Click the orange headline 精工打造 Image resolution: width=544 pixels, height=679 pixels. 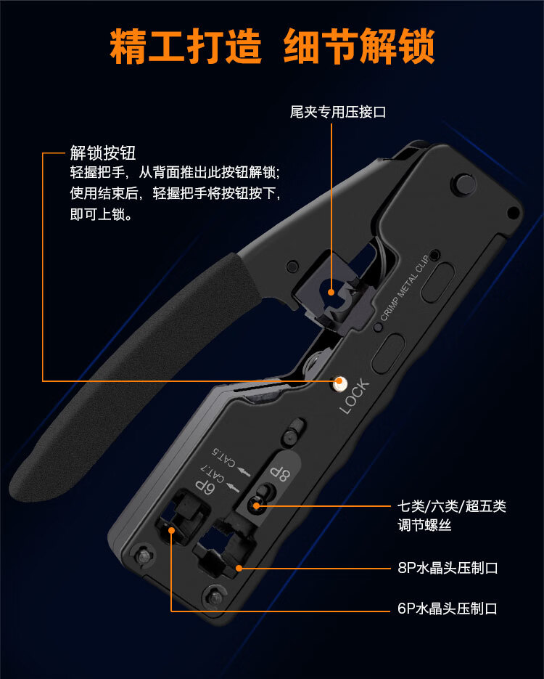[x=186, y=46]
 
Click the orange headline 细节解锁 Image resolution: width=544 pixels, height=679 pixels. [x=359, y=46]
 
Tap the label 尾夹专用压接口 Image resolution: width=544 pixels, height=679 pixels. [x=338, y=112]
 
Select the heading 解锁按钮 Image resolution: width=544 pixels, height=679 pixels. [x=103, y=153]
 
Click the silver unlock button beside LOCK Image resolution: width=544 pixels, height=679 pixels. [x=339, y=383]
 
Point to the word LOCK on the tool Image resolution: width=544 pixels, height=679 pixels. [x=355, y=397]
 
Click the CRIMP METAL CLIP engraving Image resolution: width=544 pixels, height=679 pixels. [x=405, y=288]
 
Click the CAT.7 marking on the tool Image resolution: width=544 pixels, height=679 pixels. [x=213, y=473]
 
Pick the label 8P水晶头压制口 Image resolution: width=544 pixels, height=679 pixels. [x=448, y=568]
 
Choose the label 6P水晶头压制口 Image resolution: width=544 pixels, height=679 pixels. [x=448, y=609]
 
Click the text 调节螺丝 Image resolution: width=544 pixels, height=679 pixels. [x=424, y=525]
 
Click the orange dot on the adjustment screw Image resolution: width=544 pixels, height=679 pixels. [x=256, y=505]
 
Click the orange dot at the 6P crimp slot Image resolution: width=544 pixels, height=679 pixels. [x=171, y=530]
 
